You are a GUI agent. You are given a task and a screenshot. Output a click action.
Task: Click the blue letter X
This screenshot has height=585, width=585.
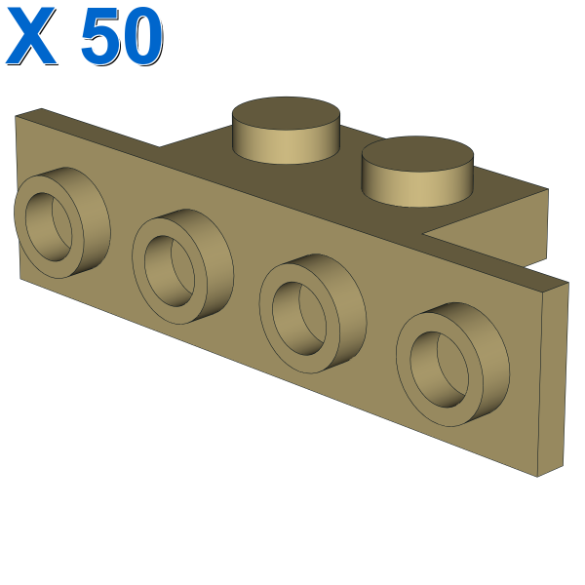point(30,36)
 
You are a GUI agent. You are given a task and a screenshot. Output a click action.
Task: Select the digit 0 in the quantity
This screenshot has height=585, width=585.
point(143,36)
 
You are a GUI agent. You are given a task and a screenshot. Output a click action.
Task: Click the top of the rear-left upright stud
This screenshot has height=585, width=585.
point(286,112)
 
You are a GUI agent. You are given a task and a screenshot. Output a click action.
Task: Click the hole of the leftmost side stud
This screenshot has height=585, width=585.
point(49,226)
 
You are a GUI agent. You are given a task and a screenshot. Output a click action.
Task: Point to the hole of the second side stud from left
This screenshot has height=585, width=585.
point(170,271)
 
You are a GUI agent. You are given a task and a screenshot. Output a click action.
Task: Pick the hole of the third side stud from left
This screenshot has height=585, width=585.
point(299,318)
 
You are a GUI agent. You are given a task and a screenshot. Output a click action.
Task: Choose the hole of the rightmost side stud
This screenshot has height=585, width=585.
point(439,369)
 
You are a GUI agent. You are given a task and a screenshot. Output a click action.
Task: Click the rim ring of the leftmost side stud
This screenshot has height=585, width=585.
point(20,227)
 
